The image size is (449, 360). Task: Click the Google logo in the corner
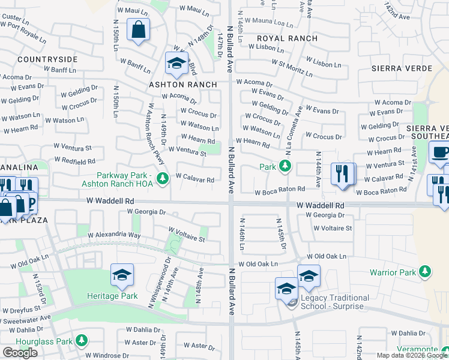point(20,352)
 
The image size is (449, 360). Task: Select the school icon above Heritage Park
point(122,275)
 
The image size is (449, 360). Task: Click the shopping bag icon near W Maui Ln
point(138,29)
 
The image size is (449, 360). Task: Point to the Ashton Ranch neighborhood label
point(182,85)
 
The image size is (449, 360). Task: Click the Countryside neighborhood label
point(47,59)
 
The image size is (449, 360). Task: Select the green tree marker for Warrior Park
point(425,272)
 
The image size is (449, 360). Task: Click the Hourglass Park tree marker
point(80,341)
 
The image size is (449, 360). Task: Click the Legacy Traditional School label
point(335,302)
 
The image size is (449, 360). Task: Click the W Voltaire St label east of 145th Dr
point(332,228)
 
